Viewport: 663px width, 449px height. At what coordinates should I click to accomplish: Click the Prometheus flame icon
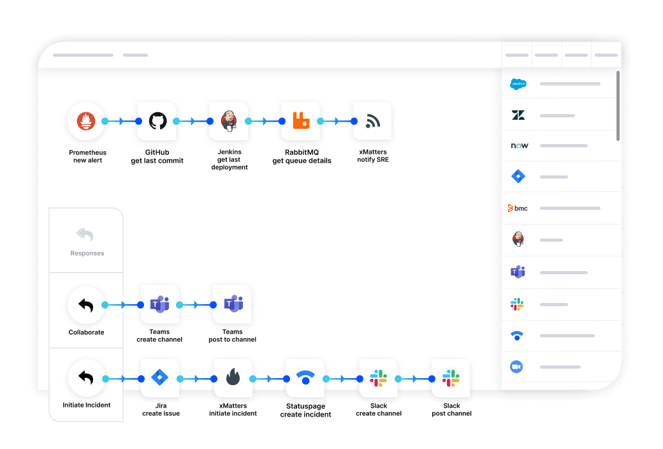pos(86,121)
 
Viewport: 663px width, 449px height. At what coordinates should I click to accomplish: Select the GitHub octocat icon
pos(157,121)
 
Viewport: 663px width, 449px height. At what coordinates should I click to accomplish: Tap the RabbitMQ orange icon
pos(301,121)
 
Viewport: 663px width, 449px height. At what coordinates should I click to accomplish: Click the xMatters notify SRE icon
pos(372,121)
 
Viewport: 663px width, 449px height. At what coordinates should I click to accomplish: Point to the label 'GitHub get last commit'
pos(157,157)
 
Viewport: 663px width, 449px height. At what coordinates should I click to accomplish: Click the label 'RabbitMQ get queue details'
pos(302,157)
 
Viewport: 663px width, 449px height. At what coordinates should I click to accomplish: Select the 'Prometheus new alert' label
pos(87,156)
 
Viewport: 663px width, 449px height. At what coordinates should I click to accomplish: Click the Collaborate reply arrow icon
pos(86,305)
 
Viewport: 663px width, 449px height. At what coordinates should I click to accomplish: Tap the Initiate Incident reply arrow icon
pos(86,378)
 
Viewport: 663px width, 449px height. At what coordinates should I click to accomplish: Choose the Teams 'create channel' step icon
pos(159,304)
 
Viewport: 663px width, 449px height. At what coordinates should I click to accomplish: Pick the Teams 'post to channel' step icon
pos(232,304)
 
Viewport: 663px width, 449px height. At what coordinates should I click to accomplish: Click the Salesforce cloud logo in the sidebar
pos(518,84)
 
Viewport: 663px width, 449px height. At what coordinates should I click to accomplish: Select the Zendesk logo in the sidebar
pos(518,115)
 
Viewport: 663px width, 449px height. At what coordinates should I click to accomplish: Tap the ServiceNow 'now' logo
pos(520,145)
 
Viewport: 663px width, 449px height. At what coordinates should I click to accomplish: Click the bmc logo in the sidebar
pos(518,208)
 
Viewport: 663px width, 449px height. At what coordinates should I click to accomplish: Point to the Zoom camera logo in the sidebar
pos(517,367)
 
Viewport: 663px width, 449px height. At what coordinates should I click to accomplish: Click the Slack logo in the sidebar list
pos(517,304)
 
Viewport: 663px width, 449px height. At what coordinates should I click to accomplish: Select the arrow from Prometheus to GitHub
pos(122,121)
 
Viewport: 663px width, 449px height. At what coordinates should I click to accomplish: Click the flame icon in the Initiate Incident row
pos(233,378)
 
